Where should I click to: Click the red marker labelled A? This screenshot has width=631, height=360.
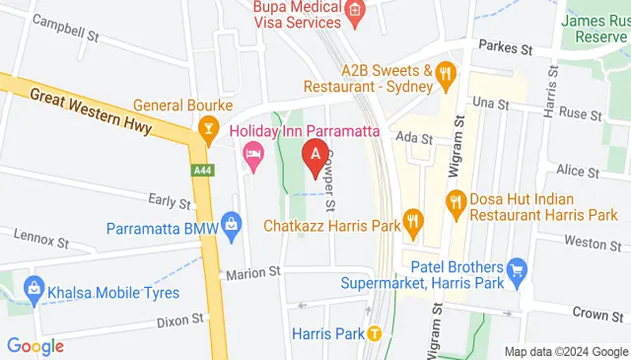[x=315, y=156]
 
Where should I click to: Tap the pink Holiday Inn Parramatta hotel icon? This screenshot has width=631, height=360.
[x=253, y=153]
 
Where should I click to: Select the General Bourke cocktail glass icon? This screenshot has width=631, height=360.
[x=208, y=126]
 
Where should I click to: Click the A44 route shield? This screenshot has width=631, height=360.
[x=202, y=171]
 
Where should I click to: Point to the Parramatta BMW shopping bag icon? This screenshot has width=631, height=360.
[x=232, y=224]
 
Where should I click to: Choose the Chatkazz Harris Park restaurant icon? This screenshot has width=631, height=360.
[x=414, y=225]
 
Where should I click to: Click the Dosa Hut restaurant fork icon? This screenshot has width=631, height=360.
[x=456, y=204]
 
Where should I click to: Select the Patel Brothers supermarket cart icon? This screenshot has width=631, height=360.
[x=515, y=269]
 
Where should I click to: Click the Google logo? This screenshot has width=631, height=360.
[x=35, y=346]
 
